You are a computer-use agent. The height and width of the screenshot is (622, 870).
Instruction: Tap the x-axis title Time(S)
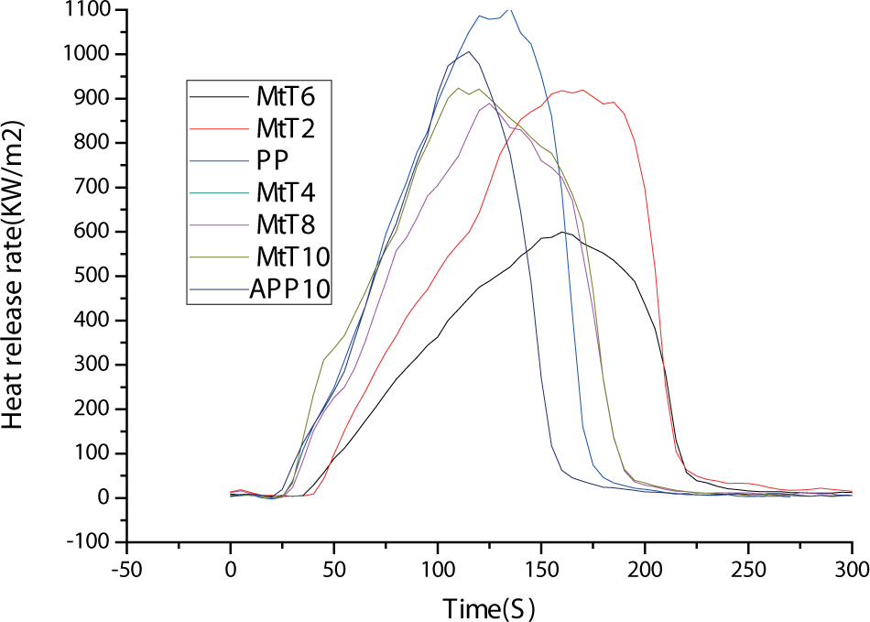[x=489, y=606]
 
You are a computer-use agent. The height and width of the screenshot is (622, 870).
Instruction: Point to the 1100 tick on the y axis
[x=88, y=11]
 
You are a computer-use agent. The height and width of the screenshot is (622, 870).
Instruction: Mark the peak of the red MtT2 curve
[x=582, y=89]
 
